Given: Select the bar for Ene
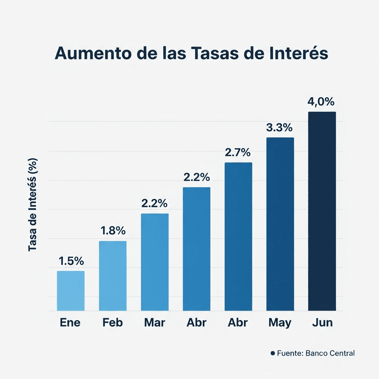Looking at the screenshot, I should click(71, 291).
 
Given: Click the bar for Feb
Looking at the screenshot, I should click(113, 276).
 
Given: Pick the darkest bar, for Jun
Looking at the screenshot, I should click(322, 211).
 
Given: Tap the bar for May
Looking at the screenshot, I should click(280, 224).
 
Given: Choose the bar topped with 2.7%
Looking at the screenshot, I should click(238, 237).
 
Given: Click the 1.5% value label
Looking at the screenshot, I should click(71, 261).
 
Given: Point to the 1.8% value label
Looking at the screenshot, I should click(113, 231).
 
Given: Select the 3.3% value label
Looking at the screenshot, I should click(279, 128).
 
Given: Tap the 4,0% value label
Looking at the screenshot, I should click(321, 102).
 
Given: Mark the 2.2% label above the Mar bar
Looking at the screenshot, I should click(154, 203).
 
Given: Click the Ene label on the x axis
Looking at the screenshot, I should click(70, 323).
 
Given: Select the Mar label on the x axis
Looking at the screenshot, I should click(154, 323).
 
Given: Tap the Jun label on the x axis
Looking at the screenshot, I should click(322, 323).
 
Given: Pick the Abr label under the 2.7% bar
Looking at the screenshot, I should click(238, 323).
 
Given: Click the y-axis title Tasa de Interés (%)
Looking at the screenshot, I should click(33, 205).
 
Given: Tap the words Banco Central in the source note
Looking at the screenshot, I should click(330, 353).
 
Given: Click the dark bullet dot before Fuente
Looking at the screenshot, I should click(273, 353).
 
